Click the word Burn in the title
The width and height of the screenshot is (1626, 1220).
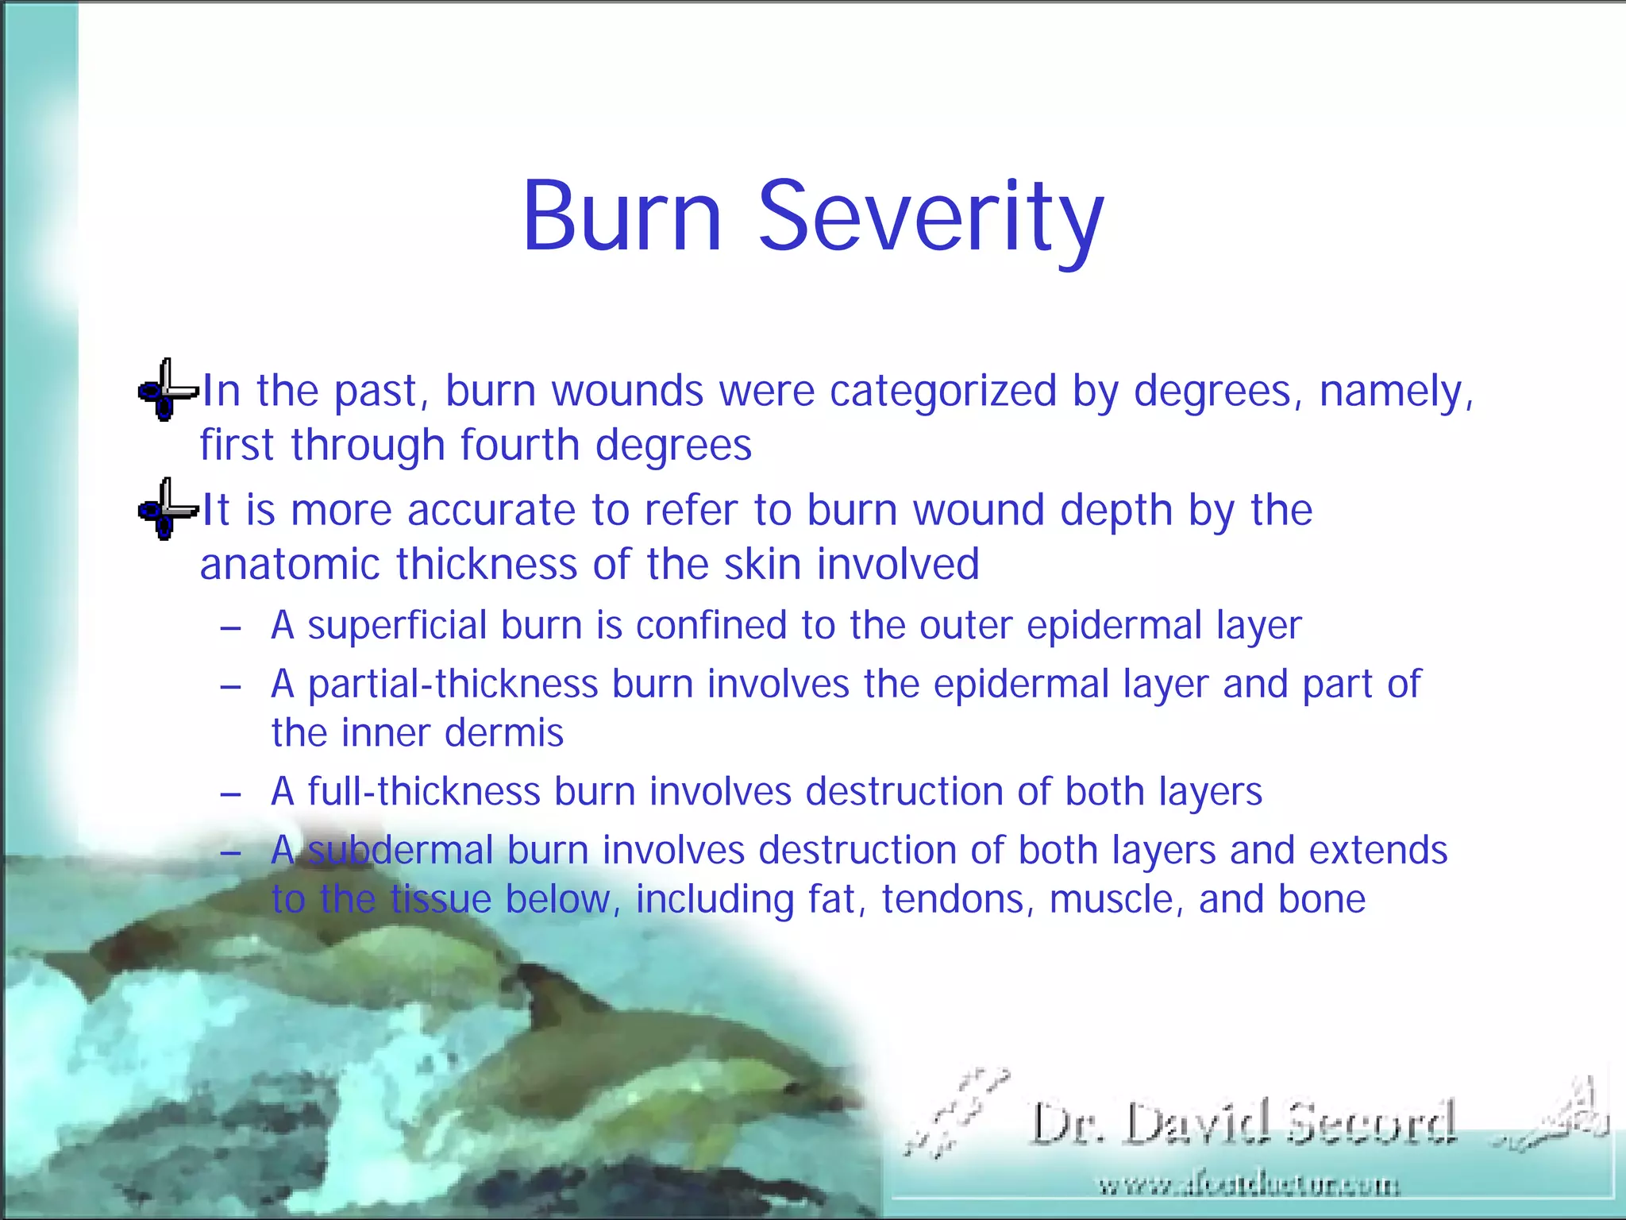[622, 216]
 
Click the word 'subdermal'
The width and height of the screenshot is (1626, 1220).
[400, 851]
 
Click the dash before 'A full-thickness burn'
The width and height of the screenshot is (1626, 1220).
[230, 794]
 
